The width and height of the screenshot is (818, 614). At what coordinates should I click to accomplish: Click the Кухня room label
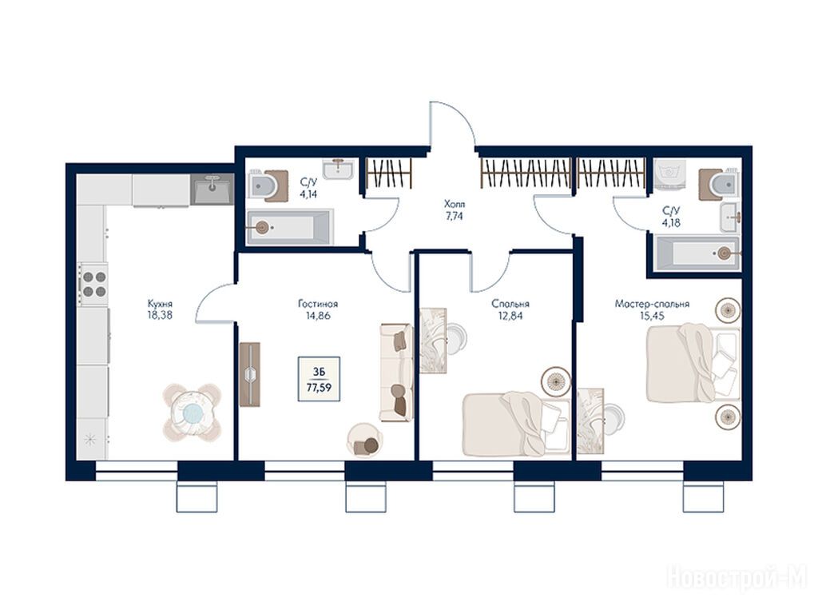pyautogui.click(x=160, y=304)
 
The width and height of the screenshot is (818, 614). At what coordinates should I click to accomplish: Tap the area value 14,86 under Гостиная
pyautogui.click(x=318, y=316)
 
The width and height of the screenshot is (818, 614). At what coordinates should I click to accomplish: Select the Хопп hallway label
pyautogui.click(x=454, y=204)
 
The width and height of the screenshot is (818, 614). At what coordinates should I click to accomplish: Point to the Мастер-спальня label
pyautogui.click(x=652, y=304)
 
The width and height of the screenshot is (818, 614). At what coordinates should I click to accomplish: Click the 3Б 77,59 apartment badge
pyautogui.click(x=319, y=379)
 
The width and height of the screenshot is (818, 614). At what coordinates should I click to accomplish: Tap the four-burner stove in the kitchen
pyautogui.click(x=94, y=284)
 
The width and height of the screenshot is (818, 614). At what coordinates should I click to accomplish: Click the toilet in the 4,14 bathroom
pyautogui.click(x=268, y=185)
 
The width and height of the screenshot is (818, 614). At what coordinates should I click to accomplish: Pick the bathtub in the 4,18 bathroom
pyautogui.click(x=697, y=254)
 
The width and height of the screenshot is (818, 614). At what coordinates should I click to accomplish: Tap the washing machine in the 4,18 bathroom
pyautogui.click(x=669, y=173)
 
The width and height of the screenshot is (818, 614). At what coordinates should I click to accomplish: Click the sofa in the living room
pyautogui.click(x=396, y=373)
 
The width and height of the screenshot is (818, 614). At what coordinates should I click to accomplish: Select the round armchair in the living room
pyautogui.click(x=364, y=441)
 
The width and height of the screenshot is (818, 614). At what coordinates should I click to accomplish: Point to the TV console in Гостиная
pyautogui.click(x=250, y=374)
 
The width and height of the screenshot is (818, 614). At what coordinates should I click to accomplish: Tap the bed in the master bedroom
pyautogui.click(x=693, y=364)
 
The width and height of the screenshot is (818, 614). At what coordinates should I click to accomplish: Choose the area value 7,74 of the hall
pyautogui.click(x=454, y=216)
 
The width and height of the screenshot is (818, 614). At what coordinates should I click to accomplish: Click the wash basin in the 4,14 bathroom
pyautogui.click(x=338, y=169)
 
